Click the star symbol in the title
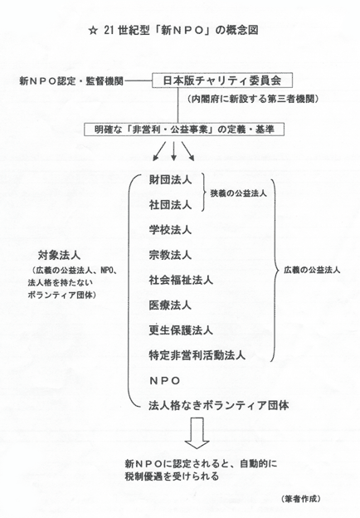(x=94, y=31)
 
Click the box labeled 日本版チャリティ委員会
(x=222, y=81)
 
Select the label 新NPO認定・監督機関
(x=71, y=81)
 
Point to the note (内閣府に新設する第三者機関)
(x=253, y=99)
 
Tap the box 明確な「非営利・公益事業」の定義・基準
(x=184, y=129)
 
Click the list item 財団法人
(x=170, y=180)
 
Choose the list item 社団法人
(x=170, y=205)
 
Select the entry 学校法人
(x=170, y=230)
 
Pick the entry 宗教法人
(x=170, y=255)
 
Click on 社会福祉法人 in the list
(x=181, y=280)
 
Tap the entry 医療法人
(x=170, y=305)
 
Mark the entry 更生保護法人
(x=181, y=330)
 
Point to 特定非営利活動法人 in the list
(x=197, y=355)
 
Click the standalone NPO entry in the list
(x=165, y=380)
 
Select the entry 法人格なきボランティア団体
(x=219, y=405)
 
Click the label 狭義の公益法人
(x=238, y=193)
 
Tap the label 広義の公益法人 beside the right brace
(x=312, y=270)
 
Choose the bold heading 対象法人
(x=59, y=255)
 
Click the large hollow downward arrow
(x=197, y=433)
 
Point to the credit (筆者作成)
(x=301, y=499)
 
